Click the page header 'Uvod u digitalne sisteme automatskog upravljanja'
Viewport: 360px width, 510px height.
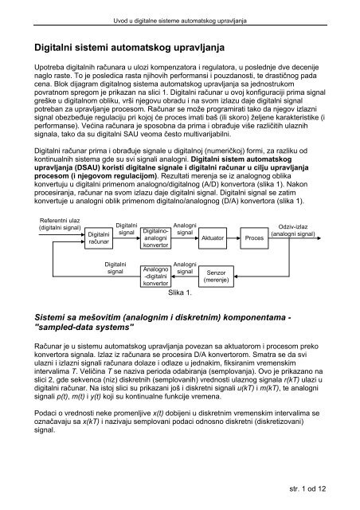click(x=179, y=8)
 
